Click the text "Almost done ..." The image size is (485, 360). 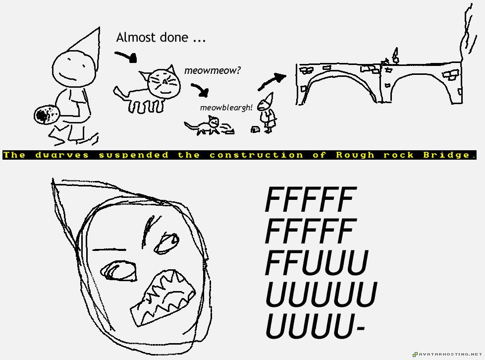[x=161, y=38]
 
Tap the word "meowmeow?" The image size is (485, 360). [x=212, y=70]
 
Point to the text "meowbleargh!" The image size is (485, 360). [x=226, y=107]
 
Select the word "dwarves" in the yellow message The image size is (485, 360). [x=62, y=155]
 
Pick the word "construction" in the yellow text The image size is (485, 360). [x=256, y=155]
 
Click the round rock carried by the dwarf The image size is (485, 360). [x=47, y=115]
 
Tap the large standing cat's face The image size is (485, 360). [x=164, y=82]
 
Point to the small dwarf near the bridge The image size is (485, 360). [x=269, y=114]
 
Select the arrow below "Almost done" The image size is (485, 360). [x=126, y=56]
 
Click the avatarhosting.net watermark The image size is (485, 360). [x=446, y=354]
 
